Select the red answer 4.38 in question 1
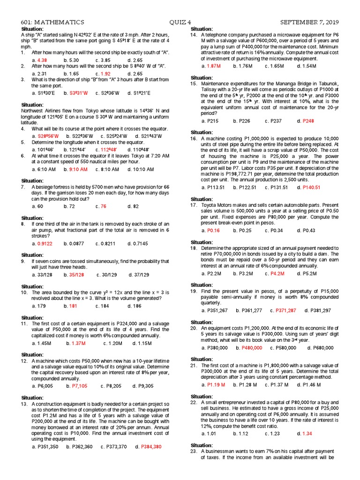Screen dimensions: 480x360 [42, 60]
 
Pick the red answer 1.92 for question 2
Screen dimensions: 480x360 [105, 74]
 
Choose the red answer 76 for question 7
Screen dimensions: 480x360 [104, 206]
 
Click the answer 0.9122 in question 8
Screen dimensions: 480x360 [45, 243]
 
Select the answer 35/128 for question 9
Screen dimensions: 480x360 [77, 275]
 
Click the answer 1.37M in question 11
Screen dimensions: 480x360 [78, 343]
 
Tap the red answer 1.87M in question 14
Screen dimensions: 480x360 [214, 66]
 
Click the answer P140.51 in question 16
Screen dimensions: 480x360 [311, 187]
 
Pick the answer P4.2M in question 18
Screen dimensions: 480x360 [277, 273]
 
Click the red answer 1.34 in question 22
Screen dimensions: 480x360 [307, 434]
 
